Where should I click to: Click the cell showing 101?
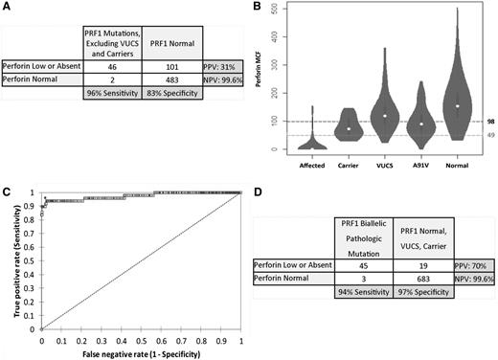click(166, 68)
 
